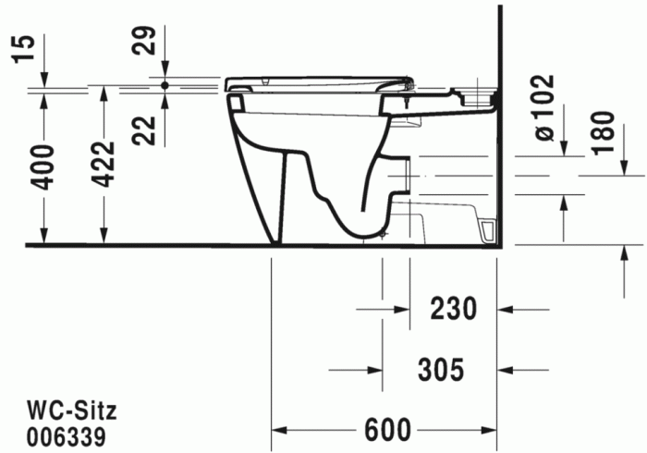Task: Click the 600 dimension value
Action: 387,430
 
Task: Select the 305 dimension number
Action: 441,369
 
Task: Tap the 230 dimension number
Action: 453,309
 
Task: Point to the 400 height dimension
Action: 43,167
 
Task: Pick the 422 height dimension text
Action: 103,165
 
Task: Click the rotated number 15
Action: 24,49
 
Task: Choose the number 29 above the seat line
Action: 143,40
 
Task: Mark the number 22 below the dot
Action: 143,130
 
